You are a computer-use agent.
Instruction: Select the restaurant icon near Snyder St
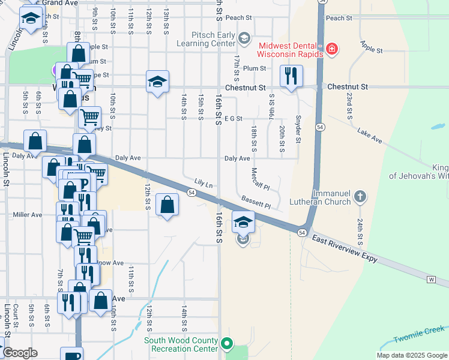point(291,77)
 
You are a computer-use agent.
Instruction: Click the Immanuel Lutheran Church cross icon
point(359,197)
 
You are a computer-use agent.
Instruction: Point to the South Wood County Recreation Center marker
point(226,344)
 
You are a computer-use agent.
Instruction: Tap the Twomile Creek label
point(419,335)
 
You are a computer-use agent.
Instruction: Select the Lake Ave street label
point(369,136)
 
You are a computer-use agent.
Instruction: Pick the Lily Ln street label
point(204,182)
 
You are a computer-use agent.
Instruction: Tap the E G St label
point(233,119)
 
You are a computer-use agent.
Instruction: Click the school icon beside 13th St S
point(157,82)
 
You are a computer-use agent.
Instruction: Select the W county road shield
point(430,280)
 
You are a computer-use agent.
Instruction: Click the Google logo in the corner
point(20,353)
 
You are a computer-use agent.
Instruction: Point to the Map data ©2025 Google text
point(411,355)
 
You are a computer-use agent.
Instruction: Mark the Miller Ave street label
point(28,215)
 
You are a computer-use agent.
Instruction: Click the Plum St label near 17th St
point(255,69)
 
